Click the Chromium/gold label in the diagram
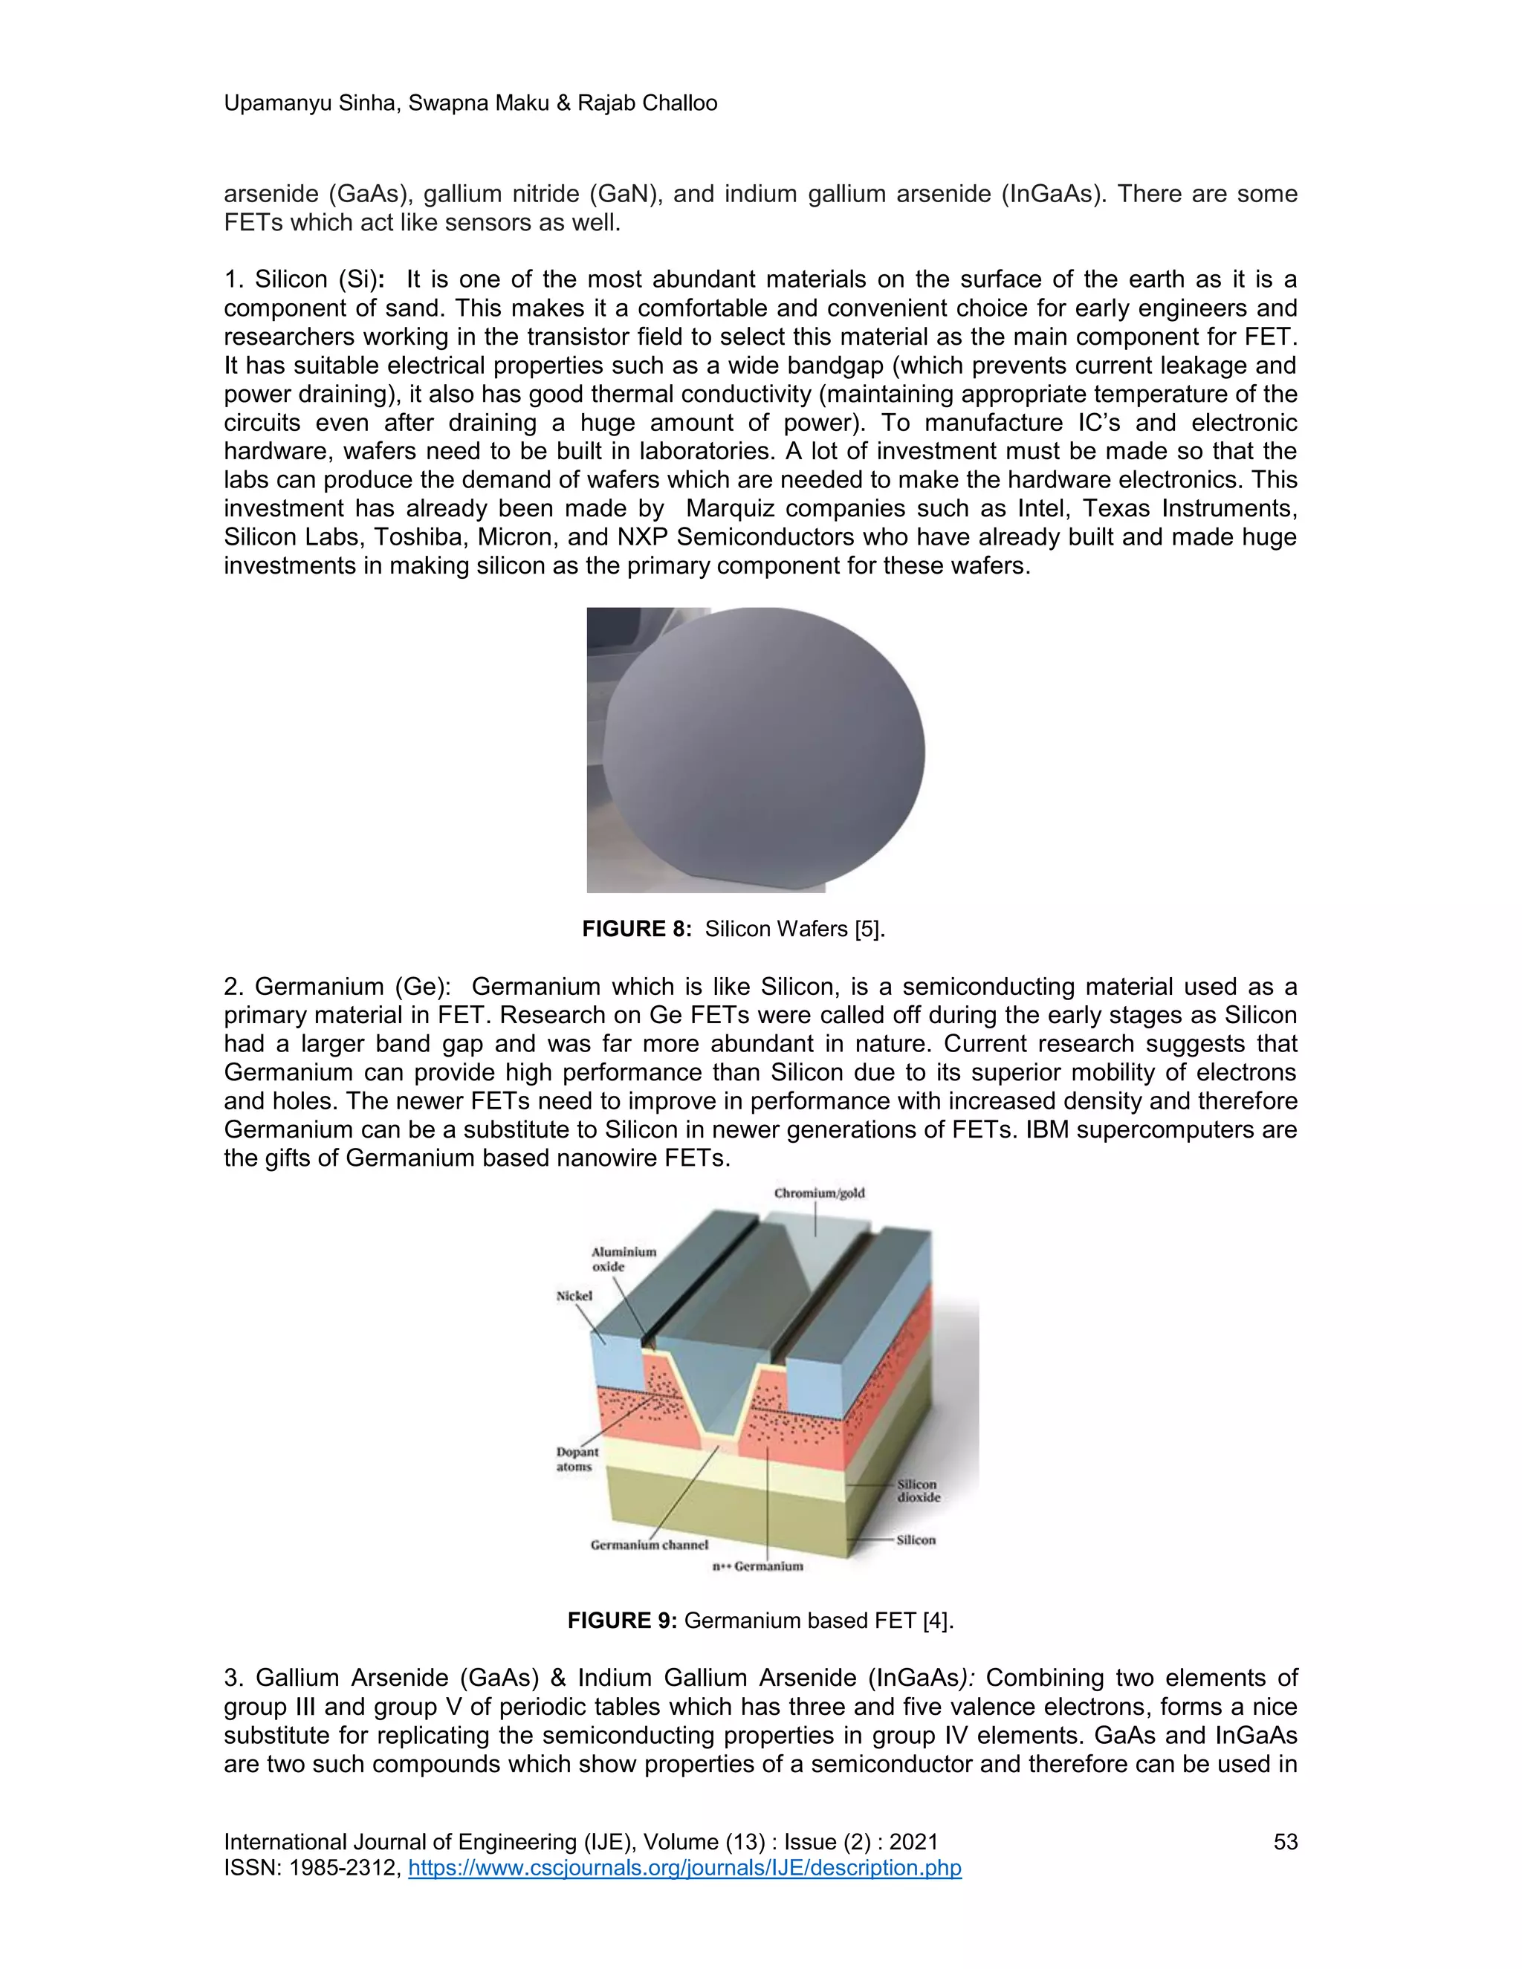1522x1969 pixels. pos(819,1193)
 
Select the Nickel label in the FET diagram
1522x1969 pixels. pos(574,1296)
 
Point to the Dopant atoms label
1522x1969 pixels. pos(577,1459)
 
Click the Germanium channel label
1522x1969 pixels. pos(650,1545)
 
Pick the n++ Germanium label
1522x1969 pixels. pos(757,1566)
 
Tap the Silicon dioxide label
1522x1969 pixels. pos(918,1490)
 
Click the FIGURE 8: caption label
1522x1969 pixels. pos(637,930)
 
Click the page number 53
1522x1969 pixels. pos(1285,1842)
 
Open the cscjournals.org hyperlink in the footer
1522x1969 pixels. pos(684,1867)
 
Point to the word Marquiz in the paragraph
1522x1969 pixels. pos(731,508)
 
